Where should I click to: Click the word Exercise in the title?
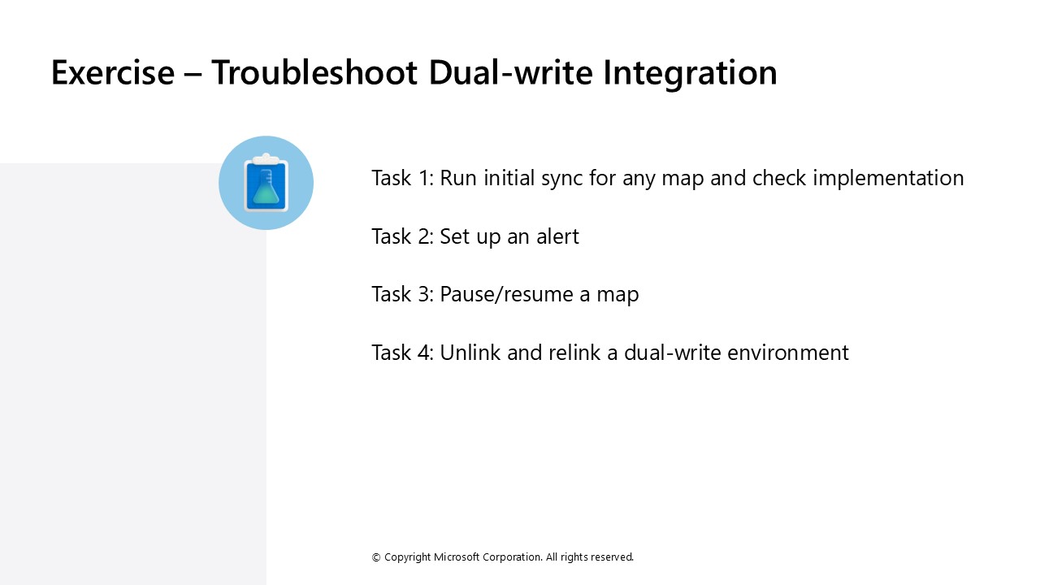click(x=113, y=72)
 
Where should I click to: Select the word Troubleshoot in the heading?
click(x=314, y=72)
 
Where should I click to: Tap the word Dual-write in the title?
click(x=511, y=72)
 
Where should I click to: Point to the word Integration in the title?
click(x=690, y=74)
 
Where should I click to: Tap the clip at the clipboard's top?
click(x=266, y=158)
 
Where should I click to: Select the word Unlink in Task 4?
click(x=470, y=353)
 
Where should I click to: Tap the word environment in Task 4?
click(x=788, y=353)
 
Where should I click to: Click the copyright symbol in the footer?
click(x=376, y=557)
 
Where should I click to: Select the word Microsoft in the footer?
click(x=457, y=557)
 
